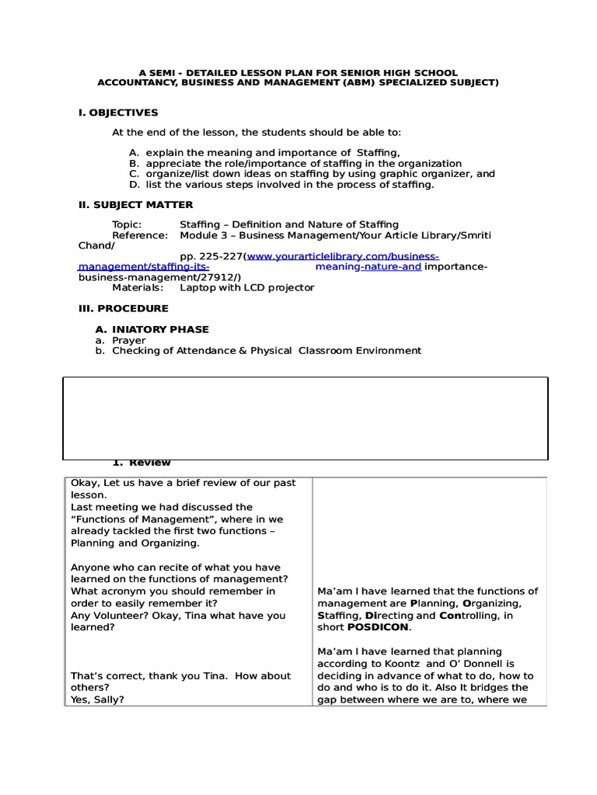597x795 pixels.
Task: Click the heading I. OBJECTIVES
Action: [x=118, y=113]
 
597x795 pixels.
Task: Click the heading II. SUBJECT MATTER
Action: [x=136, y=204]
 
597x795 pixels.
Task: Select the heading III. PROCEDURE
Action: [x=124, y=308]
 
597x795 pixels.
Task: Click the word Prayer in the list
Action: [x=129, y=340]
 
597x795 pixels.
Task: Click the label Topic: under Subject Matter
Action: [x=127, y=224]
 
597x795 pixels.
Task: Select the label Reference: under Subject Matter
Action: [x=140, y=234]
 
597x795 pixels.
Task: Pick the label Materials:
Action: [x=138, y=287]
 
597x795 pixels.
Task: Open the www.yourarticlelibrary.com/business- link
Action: [x=343, y=256]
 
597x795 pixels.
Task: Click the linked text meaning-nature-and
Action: [x=369, y=266]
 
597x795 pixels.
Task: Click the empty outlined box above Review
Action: [x=305, y=418]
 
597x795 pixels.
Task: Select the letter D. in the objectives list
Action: [x=134, y=184]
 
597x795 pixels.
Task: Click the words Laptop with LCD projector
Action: [x=247, y=287]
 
